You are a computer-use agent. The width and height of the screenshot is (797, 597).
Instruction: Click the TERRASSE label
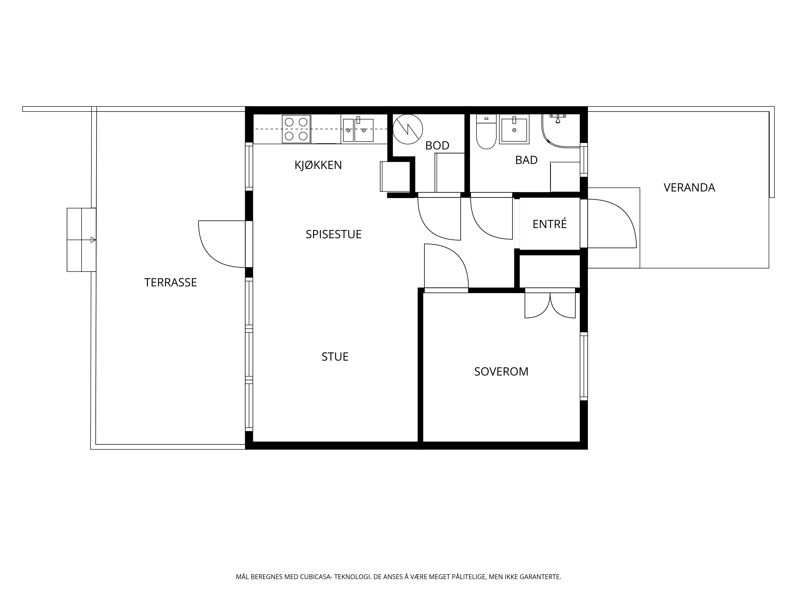click(x=170, y=283)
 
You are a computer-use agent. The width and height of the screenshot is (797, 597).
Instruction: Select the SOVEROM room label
click(x=501, y=371)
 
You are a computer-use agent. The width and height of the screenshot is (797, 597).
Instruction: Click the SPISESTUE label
click(x=334, y=234)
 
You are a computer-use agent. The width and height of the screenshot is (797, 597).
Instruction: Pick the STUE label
click(x=335, y=357)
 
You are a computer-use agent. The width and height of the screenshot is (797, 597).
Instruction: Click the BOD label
click(x=437, y=145)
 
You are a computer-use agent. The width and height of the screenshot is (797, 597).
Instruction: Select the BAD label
click(x=526, y=160)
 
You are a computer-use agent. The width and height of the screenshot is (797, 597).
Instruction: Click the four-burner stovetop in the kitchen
click(x=296, y=129)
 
